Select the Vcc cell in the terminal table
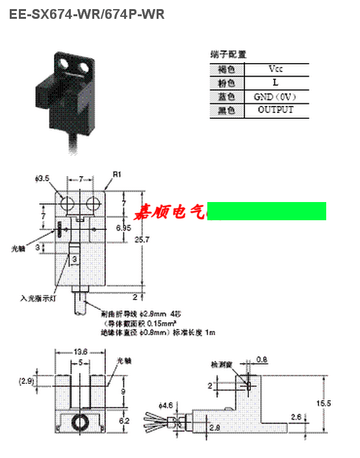coord(275,69)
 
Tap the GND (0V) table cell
coord(275,96)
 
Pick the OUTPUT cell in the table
coord(275,110)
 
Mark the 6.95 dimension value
coord(123,228)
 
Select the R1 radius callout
coord(117,174)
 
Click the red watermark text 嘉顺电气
coord(170,212)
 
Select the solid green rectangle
coord(266,211)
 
